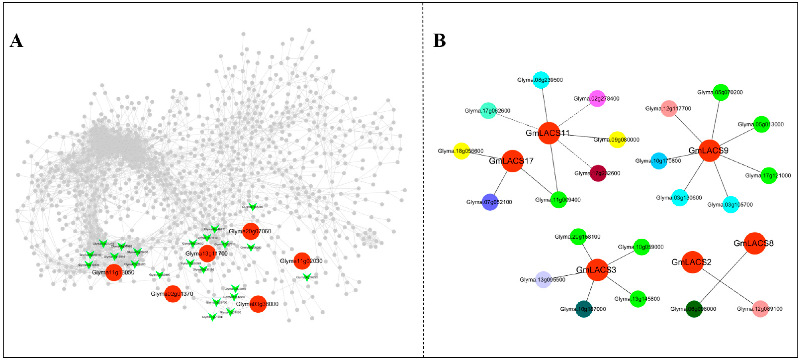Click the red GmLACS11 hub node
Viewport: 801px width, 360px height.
tap(549, 133)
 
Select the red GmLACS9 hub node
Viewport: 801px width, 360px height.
tap(709, 150)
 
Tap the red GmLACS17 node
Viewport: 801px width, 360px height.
tap(512, 161)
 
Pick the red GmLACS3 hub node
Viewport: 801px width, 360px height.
tap(597, 270)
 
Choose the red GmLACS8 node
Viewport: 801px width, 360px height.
tap(754, 243)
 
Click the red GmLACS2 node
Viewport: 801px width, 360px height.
tap(692, 262)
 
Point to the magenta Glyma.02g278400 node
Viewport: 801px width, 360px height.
tap(597, 99)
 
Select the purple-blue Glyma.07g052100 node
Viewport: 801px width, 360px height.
tap(490, 202)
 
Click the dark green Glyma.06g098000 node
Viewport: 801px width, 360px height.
tap(694, 309)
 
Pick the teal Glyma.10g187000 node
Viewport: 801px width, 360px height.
tap(584, 309)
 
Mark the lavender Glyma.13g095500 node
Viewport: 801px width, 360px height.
tap(543, 280)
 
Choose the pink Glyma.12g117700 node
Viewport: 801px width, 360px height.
tap(669, 108)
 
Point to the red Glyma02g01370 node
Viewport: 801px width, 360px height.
tap(172, 294)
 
